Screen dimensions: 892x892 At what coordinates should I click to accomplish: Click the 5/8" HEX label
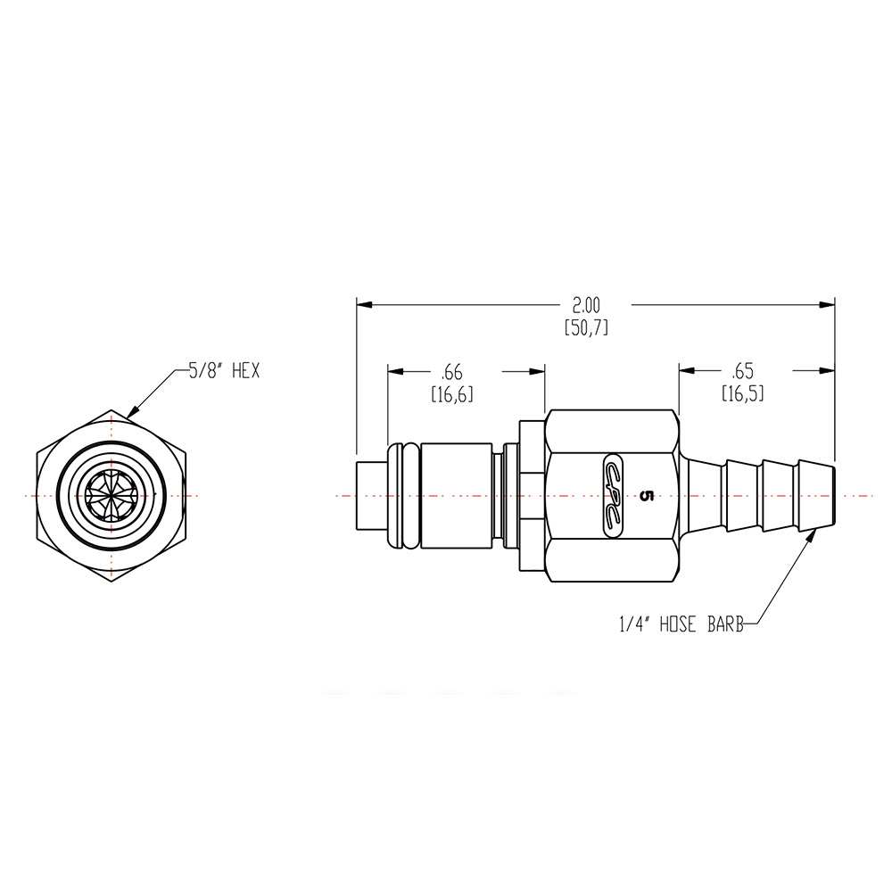click(x=223, y=372)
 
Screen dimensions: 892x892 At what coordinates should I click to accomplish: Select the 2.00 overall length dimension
click(x=586, y=305)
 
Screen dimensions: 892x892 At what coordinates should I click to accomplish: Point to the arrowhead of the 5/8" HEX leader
click(x=131, y=415)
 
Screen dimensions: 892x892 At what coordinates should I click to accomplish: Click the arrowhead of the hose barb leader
click(x=816, y=533)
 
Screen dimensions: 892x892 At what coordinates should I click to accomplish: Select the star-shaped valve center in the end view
click(x=111, y=495)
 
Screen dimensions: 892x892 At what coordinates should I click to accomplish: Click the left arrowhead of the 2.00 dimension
click(x=362, y=305)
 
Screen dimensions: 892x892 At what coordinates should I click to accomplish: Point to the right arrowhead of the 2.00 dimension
click(x=829, y=305)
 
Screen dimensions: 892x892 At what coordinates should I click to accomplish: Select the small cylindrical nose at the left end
click(x=370, y=495)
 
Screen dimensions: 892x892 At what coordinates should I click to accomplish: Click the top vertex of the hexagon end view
click(x=111, y=410)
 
